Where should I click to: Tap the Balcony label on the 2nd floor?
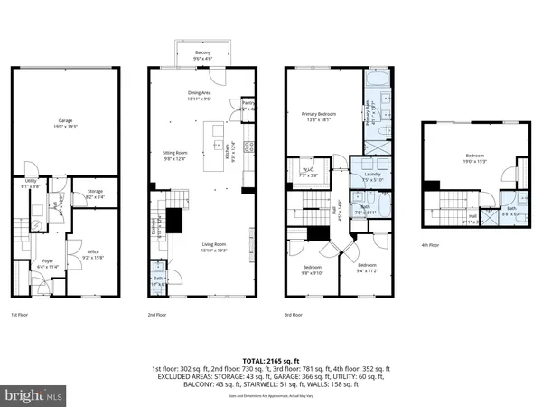(x=202, y=55)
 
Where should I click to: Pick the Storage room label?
(x=94, y=193)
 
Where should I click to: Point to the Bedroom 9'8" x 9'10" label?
(x=311, y=270)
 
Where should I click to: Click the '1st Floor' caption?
(x=21, y=316)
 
